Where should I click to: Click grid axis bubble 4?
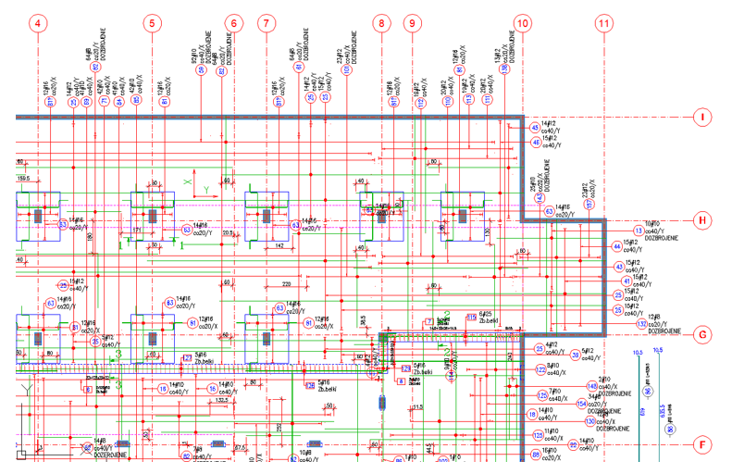(x=38, y=23)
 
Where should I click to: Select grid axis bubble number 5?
(x=153, y=23)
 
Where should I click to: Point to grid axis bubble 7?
(x=267, y=23)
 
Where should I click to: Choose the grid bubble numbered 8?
(x=381, y=23)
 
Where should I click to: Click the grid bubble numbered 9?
(x=413, y=23)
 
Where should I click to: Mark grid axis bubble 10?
(x=524, y=23)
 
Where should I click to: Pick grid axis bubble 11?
(x=604, y=23)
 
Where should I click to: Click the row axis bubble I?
(x=702, y=118)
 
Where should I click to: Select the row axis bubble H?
(x=702, y=220)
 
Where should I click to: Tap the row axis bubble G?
(x=702, y=333)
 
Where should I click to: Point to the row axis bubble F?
(x=702, y=444)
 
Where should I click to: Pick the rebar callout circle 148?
(x=592, y=385)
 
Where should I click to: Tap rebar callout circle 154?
(x=582, y=404)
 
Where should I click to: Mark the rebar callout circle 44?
(x=616, y=246)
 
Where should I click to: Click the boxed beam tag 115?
(x=471, y=318)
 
